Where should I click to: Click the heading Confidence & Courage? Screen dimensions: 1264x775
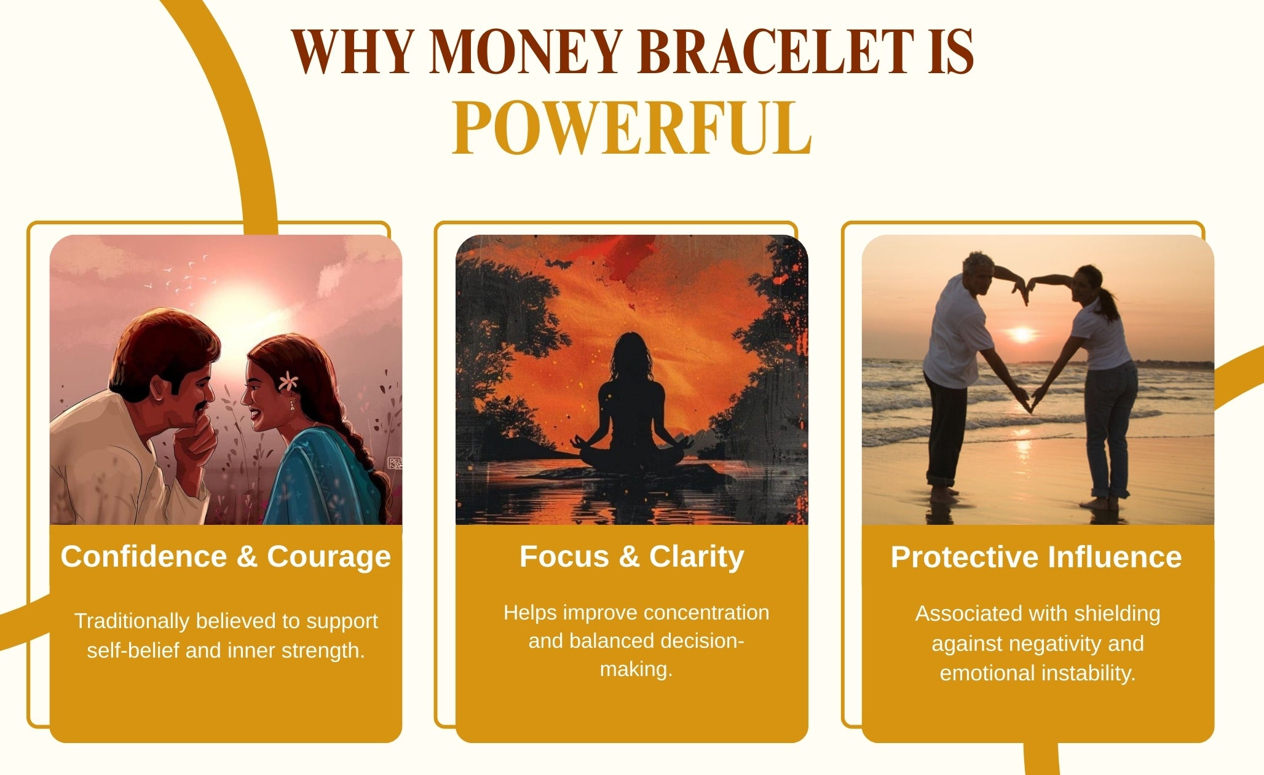(226, 557)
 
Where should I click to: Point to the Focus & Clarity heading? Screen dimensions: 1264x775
(632, 557)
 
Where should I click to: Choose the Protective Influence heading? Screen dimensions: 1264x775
(1037, 557)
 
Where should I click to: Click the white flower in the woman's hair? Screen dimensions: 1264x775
(288, 382)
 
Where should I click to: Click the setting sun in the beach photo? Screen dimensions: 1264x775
(1022, 334)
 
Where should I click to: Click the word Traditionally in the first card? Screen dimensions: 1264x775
(132, 621)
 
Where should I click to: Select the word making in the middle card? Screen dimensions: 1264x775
(636, 669)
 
